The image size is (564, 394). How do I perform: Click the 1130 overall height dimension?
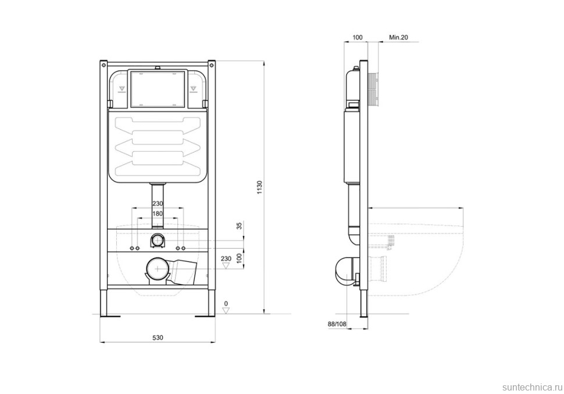point(260,188)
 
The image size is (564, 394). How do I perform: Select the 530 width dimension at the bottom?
point(157,338)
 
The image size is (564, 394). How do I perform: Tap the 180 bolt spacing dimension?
point(157,214)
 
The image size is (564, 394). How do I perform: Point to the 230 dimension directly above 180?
point(157,204)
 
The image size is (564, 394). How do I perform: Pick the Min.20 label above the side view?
point(398,38)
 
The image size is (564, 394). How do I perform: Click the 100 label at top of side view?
point(358,38)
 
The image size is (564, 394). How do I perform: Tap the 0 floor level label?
point(227,303)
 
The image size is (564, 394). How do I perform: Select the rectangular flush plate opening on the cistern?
point(158,89)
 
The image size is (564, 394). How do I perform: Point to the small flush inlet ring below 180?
point(158,239)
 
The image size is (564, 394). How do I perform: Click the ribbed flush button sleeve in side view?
point(374,91)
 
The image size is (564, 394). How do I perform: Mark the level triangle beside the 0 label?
point(227,310)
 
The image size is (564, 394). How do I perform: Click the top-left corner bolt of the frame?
point(103,61)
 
